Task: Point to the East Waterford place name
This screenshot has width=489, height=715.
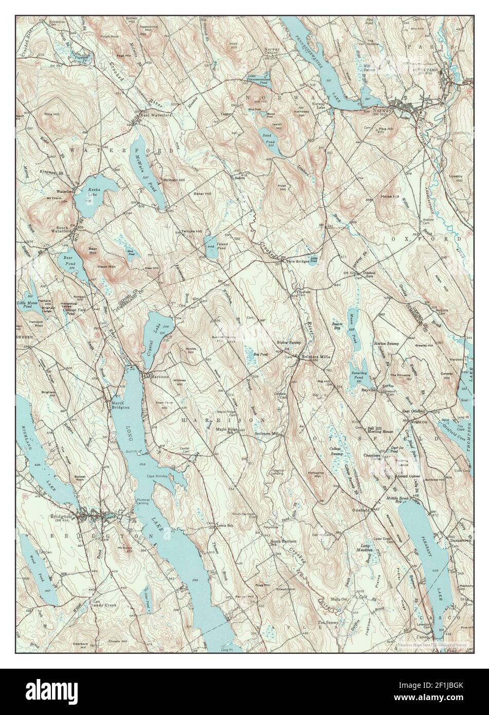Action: (x=157, y=115)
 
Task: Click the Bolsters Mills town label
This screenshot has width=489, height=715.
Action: (x=314, y=356)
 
